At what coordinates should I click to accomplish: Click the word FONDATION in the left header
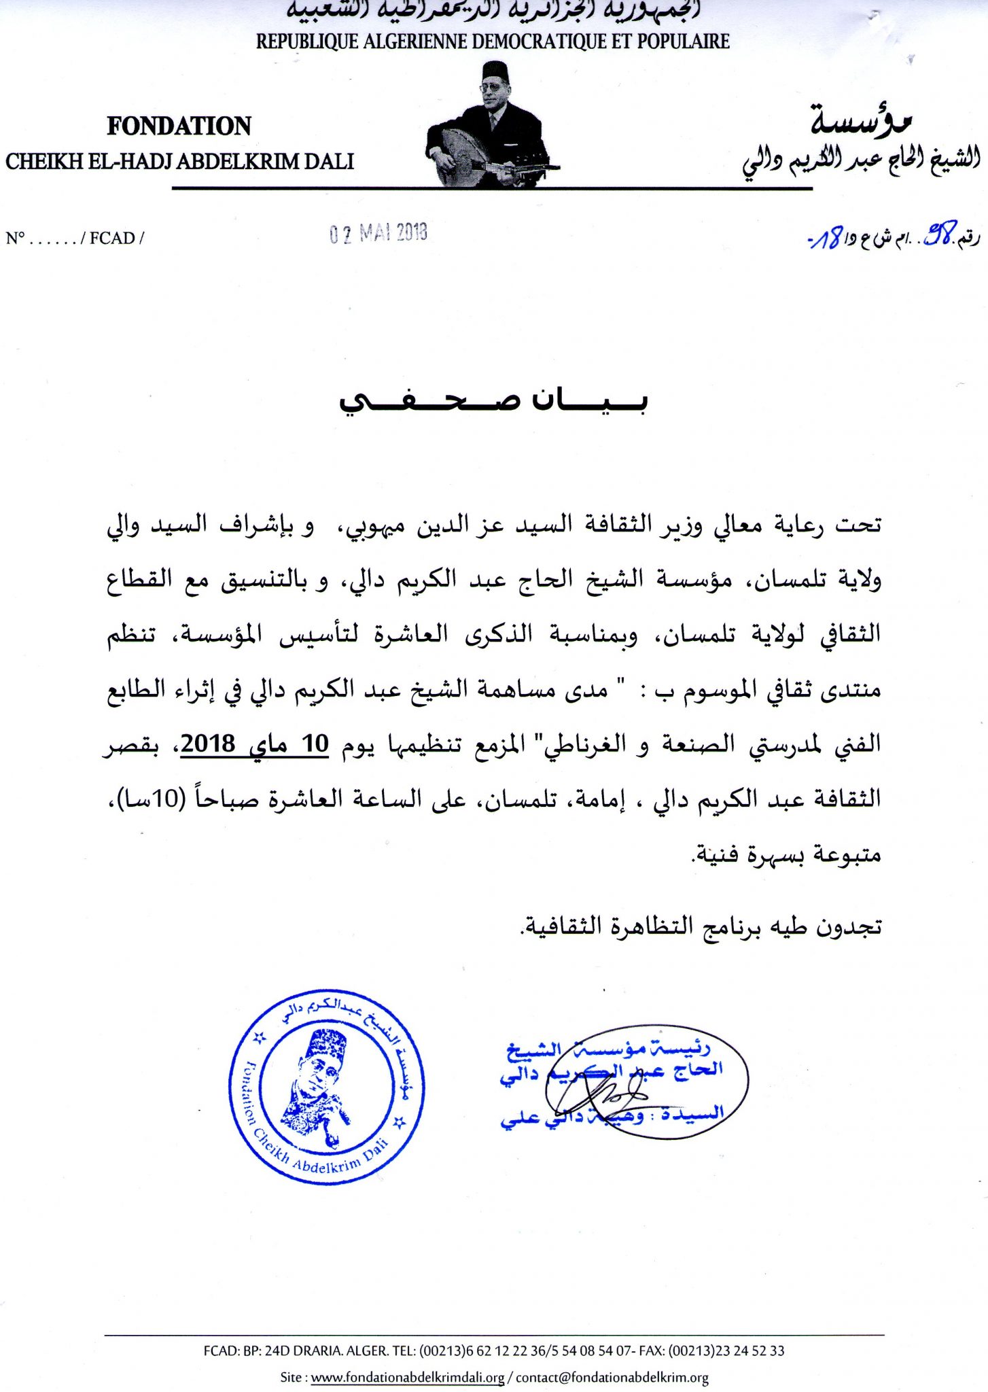click(x=179, y=126)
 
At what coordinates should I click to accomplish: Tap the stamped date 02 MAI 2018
click(x=378, y=233)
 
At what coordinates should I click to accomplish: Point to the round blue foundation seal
click(x=327, y=1087)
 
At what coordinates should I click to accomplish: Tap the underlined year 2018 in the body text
click(x=208, y=744)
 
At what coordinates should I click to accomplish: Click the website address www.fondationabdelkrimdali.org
click(x=408, y=1378)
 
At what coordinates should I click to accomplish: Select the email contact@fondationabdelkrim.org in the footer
click(x=612, y=1378)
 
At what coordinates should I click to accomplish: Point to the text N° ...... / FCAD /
click(x=75, y=238)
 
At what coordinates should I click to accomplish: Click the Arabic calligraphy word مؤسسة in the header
click(x=860, y=120)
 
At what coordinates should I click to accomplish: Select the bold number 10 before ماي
click(x=315, y=744)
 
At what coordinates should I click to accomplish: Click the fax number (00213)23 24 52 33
click(x=726, y=1351)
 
